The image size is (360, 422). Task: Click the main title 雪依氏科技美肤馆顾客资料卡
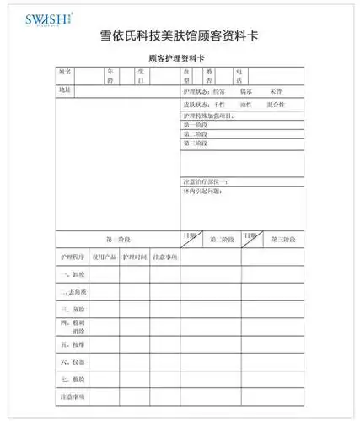pyautogui.click(x=179, y=39)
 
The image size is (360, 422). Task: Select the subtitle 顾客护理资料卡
pyautogui.click(x=176, y=59)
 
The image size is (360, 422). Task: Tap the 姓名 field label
pyautogui.click(x=67, y=77)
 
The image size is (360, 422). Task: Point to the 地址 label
pyautogui.click(x=66, y=89)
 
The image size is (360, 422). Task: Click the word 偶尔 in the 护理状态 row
pyautogui.click(x=245, y=89)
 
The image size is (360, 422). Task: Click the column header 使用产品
pyautogui.click(x=105, y=256)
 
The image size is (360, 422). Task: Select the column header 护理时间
pyautogui.click(x=135, y=256)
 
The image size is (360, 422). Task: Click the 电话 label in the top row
pyautogui.click(x=240, y=77)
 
